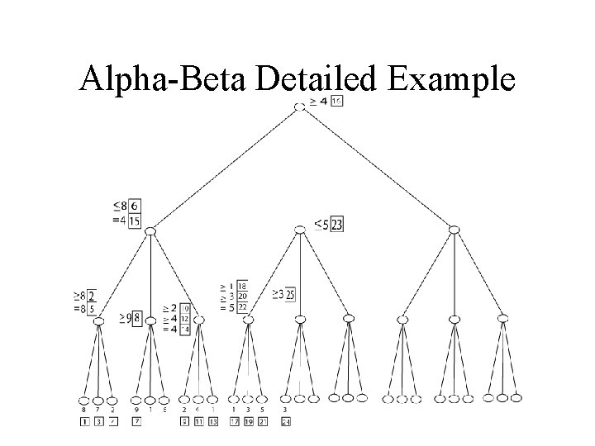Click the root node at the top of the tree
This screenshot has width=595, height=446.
(299, 106)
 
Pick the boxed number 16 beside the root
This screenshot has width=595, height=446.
(337, 102)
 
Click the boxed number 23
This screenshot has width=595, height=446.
(337, 224)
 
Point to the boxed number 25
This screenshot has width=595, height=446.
(291, 294)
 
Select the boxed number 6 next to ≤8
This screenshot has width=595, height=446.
(134, 206)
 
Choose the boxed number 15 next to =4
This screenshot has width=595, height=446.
(134, 221)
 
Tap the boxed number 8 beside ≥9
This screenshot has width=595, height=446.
(137, 316)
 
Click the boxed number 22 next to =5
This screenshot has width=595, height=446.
(241, 307)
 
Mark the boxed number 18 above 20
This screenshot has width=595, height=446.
(241, 286)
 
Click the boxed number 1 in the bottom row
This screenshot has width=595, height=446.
(85, 423)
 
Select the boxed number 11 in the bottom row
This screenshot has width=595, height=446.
(199, 423)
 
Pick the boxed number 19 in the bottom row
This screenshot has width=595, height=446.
(248, 423)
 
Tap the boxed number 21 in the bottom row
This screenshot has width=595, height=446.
(263, 423)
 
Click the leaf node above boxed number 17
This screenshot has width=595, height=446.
(234, 398)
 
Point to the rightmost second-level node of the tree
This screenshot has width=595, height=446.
(454, 229)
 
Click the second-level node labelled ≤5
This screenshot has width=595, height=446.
(299, 231)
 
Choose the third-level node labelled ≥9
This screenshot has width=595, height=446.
(150, 320)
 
